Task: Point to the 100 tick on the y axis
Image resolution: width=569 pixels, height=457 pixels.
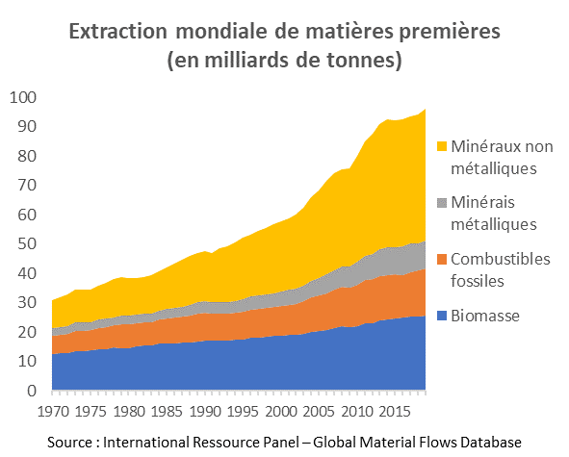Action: (x=23, y=97)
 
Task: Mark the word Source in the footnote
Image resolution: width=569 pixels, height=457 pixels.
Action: (x=71, y=442)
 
